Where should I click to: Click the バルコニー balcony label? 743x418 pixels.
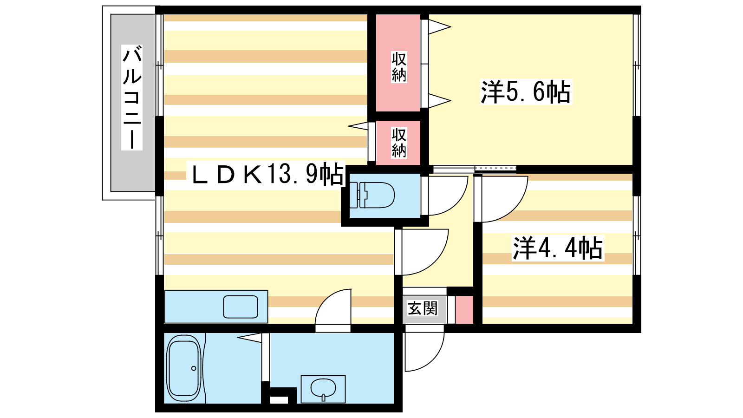pyautogui.click(x=132, y=97)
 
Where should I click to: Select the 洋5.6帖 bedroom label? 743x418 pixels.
pyautogui.click(x=526, y=91)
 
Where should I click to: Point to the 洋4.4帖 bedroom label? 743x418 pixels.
pyautogui.click(x=558, y=248)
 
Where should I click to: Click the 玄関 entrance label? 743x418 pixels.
pyautogui.click(x=423, y=308)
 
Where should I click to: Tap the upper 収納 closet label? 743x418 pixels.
pyautogui.click(x=399, y=67)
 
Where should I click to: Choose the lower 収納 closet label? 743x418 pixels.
pyautogui.click(x=399, y=142)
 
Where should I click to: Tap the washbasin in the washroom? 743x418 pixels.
pyautogui.click(x=323, y=388)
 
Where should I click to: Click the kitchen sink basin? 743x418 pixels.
pyautogui.click(x=241, y=307)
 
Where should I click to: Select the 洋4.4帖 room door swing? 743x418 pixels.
pyautogui.click(x=502, y=197)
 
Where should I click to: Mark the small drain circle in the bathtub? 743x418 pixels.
pyautogui.click(x=194, y=369)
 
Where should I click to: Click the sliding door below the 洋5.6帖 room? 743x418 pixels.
pyautogui.click(x=474, y=169)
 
